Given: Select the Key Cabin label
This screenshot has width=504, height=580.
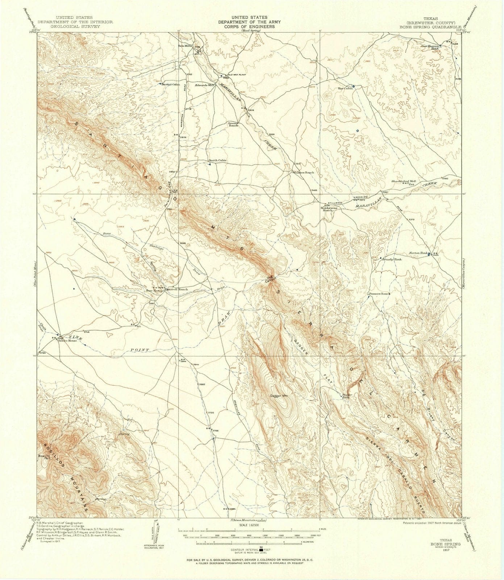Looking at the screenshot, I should (x=345, y=88).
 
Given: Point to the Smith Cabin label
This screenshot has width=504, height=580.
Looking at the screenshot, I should (x=217, y=160).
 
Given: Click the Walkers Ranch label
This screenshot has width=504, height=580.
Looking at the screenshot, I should (x=303, y=173).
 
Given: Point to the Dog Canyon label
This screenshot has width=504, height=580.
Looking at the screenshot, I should (x=271, y=280).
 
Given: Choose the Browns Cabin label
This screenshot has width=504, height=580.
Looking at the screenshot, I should (x=171, y=84).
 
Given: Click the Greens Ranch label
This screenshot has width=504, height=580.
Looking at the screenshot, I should (x=233, y=124).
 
